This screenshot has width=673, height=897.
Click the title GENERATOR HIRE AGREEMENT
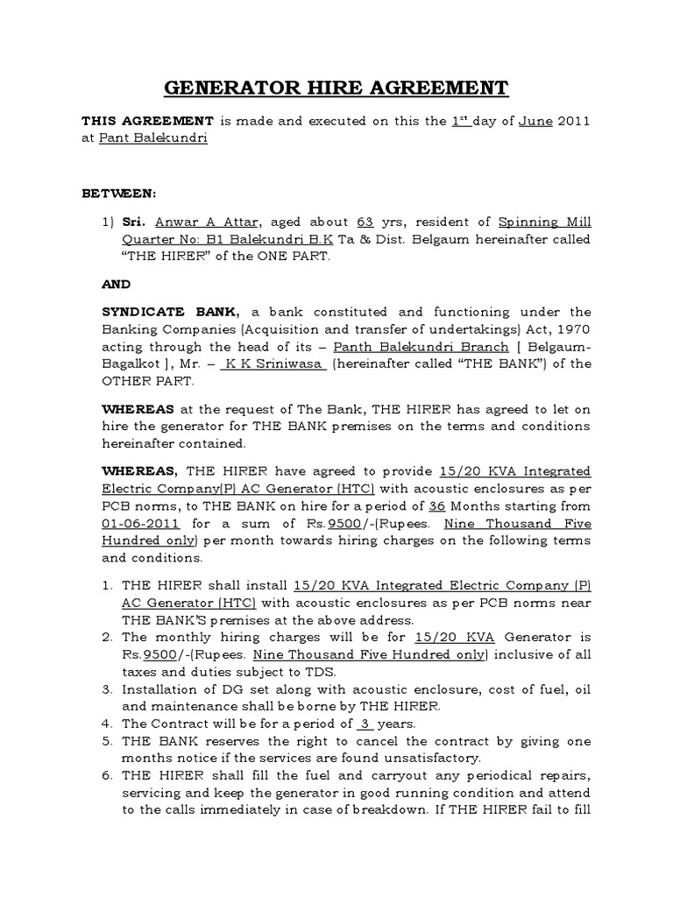pos(336,88)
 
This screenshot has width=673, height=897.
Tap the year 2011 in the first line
pos(574,121)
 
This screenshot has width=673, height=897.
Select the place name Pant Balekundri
pos(165,138)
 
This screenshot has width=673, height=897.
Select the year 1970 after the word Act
pos(574,329)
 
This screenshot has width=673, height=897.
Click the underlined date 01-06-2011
pos(141,524)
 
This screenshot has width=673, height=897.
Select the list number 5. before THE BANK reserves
pos(109,741)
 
